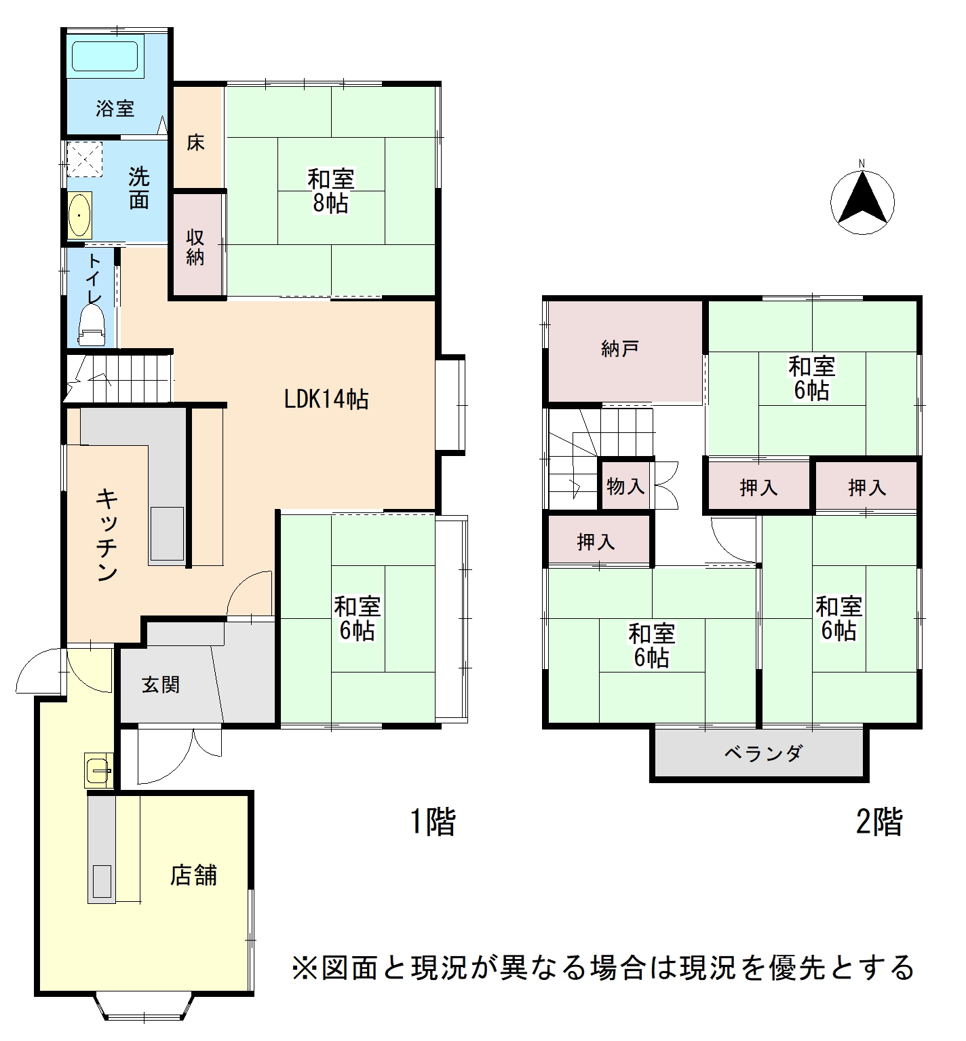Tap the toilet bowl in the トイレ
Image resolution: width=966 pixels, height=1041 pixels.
tap(92, 324)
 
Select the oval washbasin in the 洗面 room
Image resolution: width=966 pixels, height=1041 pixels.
tap(80, 215)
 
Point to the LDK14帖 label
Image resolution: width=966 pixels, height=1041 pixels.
tap(326, 399)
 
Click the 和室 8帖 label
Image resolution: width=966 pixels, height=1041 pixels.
tap(331, 191)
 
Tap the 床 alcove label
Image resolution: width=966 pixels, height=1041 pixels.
tap(195, 143)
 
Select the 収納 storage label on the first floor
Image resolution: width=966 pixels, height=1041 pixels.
tap(195, 247)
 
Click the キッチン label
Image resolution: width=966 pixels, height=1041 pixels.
tap(107, 535)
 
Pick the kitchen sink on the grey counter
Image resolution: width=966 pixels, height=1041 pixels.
tap(167, 534)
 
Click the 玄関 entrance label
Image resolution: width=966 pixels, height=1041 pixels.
tap(161, 685)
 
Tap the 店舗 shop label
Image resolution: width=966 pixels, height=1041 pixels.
tap(194, 875)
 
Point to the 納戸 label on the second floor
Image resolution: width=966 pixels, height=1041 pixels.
tap(620, 349)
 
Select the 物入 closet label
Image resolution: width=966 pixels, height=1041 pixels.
tap(625, 486)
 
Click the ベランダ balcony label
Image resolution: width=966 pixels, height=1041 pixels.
tap(763, 753)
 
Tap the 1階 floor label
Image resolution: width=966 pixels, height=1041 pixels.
tap(433, 822)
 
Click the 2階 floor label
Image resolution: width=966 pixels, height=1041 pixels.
tap(879, 822)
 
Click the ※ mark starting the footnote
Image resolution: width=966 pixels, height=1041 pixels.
tap(305, 968)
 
